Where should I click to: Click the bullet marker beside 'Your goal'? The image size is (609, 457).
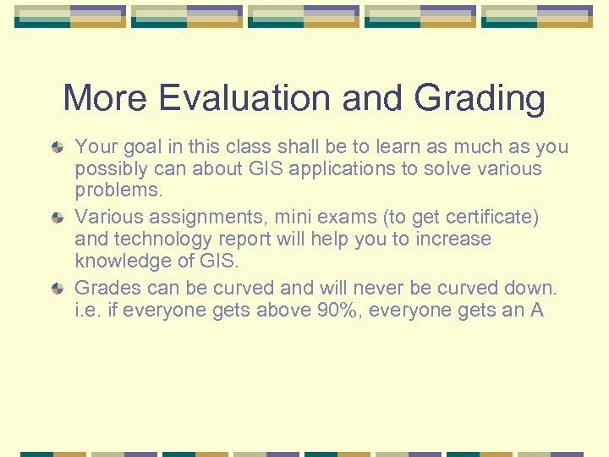[x=57, y=147]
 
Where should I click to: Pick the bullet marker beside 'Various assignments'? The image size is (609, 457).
[x=57, y=218]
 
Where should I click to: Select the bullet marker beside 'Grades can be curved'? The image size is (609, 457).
[x=57, y=289]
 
